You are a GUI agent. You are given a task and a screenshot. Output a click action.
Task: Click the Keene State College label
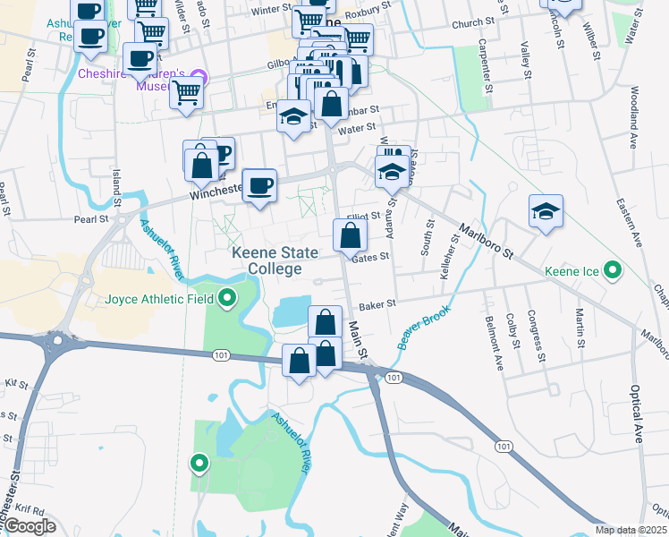click(x=275, y=260)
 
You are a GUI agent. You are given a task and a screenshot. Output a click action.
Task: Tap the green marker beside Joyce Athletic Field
click(x=227, y=299)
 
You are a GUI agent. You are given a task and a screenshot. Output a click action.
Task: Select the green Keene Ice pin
click(x=613, y=269)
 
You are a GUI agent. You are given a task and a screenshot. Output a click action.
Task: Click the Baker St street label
click(x=378, y=304)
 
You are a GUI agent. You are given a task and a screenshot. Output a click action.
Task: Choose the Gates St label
click(x=371, y=256)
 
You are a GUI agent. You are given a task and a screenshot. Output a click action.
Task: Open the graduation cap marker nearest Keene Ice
click(x=546, y=212)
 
